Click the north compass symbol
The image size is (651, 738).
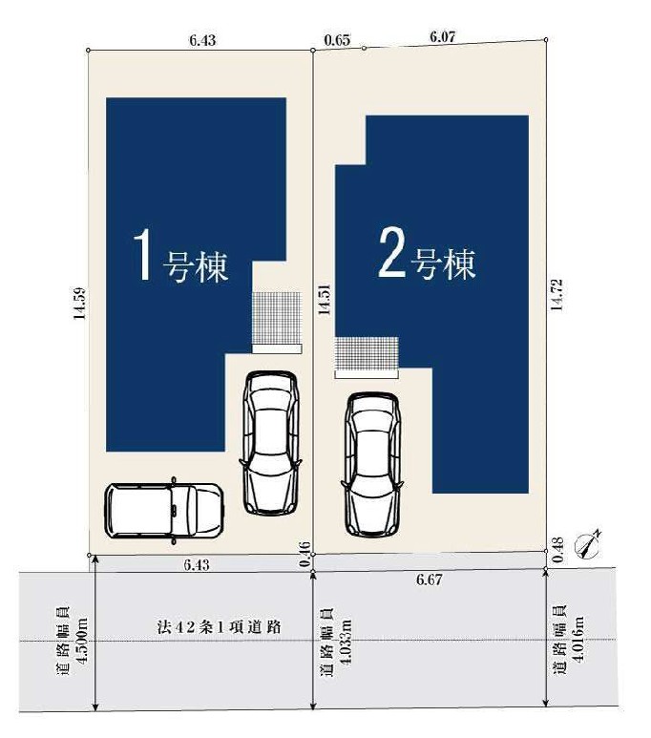(587, 546)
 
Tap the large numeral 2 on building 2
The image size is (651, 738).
(391, 252)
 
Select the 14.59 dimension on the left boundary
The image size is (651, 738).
(80, 303)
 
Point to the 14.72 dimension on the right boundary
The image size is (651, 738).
(556, 294)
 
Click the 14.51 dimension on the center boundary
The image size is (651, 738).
(324, 300)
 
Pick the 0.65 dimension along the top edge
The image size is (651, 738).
(338, 40)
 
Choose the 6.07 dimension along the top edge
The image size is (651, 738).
(443, 36)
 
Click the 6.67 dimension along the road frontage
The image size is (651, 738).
(430, 580)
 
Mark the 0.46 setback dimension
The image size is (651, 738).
(305, 555)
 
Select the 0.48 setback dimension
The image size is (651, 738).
(558, 550)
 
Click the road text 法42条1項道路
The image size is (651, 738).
(219, 627)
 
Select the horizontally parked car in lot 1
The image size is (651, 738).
(164, 511)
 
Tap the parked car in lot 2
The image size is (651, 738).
(372, 465)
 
